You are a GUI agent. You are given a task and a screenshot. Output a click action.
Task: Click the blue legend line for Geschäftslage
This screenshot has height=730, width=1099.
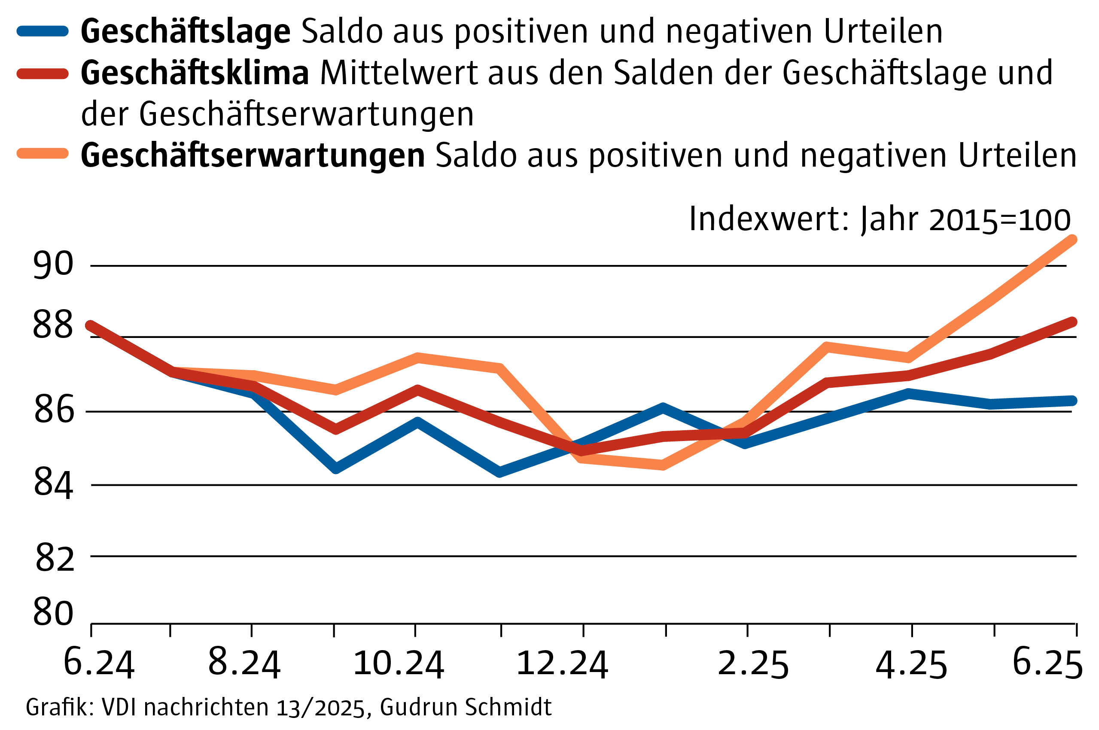(x=43, y=31)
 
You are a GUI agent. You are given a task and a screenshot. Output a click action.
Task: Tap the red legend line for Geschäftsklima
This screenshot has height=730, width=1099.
(x=43, y=73)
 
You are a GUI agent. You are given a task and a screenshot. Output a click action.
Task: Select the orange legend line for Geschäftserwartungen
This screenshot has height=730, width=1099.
(x=43, y=153)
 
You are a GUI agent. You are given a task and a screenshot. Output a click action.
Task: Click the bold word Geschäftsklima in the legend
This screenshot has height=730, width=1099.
(x=195, y=73)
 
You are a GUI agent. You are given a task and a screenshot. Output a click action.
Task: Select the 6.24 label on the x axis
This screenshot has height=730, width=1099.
(x=99, y=663)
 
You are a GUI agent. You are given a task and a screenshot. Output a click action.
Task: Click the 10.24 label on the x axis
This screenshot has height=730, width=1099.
(x=399, y=663)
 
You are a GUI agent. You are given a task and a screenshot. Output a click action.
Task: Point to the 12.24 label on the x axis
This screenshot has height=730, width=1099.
(x=562, y=663)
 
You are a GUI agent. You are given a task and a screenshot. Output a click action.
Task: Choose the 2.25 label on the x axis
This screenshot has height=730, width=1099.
(x=753, y=663)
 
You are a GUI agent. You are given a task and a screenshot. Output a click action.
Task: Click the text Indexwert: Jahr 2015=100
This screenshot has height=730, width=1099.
(x=879, y=219)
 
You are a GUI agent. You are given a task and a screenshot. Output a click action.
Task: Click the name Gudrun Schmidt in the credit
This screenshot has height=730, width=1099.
(x=466, y=707)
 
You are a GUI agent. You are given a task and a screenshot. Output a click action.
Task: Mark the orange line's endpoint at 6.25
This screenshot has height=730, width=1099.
(x=1072, y=240)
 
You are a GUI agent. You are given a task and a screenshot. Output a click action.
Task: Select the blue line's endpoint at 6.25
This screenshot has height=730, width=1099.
(x=1072, y=401)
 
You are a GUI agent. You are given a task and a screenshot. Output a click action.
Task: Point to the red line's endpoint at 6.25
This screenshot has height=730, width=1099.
(x=1072, y=322)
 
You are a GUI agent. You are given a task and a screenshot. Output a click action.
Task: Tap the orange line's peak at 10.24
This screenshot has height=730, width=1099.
(x=417, y=358)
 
